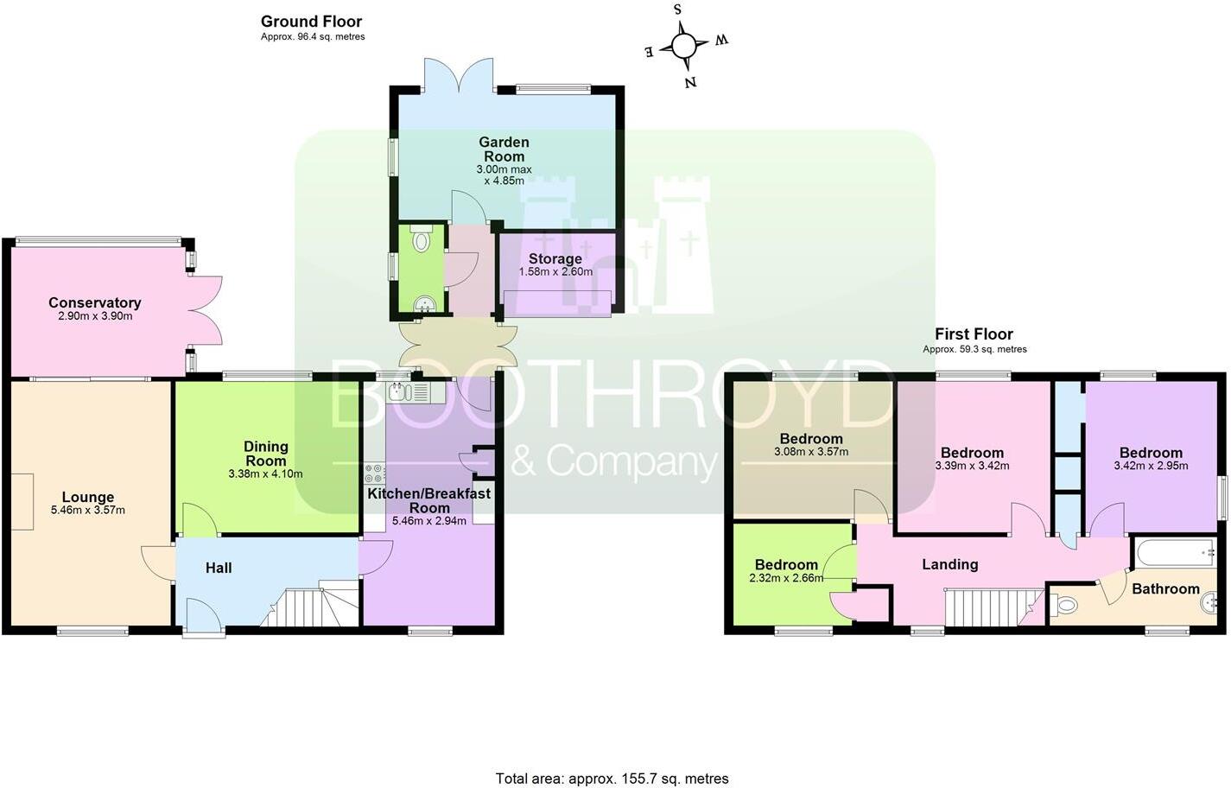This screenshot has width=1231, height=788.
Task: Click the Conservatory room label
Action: pos(94,302)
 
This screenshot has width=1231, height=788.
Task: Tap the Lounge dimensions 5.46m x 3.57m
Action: pos(87,510)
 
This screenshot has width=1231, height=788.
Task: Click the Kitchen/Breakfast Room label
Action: pos(428,500)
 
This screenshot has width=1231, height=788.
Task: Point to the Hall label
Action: pos(219,568)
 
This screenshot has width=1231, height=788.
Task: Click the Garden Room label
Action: pos(504,149)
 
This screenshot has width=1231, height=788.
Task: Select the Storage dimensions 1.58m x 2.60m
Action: pos(555,271)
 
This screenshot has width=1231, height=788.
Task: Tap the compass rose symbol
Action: pos(683,45)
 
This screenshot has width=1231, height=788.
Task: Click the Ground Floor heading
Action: pos(311,22)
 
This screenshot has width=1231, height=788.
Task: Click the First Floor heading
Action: pos(974,334)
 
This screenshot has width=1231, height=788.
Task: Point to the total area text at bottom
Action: pos(612,778)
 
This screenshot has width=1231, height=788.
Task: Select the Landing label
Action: pos(949,564)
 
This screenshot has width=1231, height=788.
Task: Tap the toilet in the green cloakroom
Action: pos(422,239)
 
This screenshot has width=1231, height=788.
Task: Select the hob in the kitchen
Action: pos(375,473)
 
